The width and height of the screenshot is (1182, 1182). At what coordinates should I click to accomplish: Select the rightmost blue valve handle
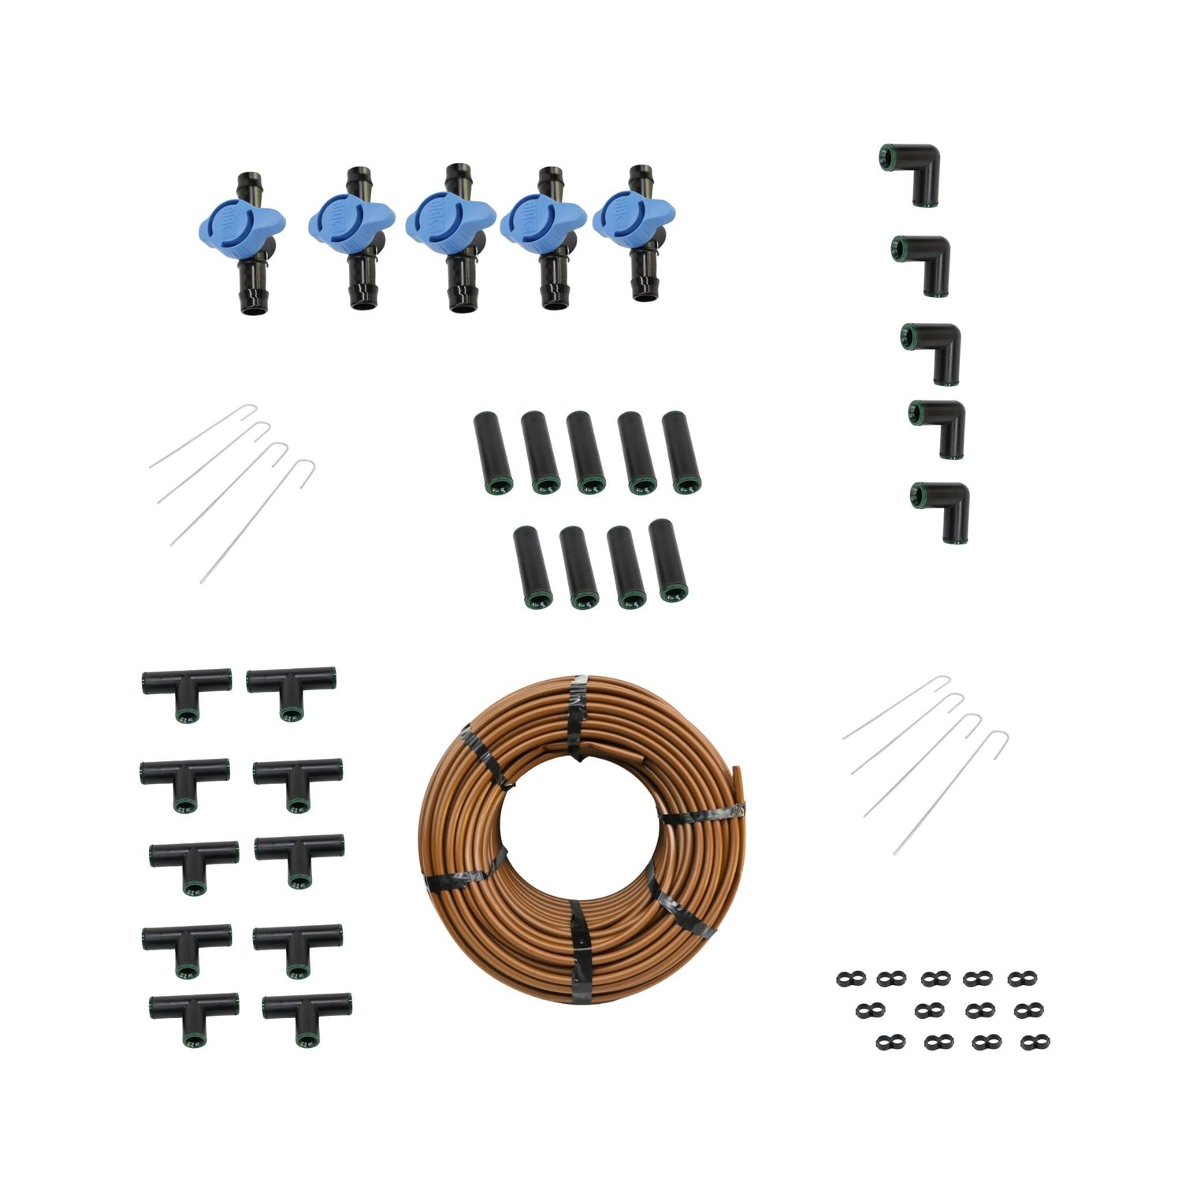click(x=631, y=217)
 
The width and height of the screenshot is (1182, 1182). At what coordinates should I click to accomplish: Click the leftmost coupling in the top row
click(x=492, y=452)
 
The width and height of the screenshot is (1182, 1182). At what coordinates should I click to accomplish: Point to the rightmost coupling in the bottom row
click(x=667, y=562)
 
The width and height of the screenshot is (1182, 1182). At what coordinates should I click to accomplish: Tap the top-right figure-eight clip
click(x=1022, y=979)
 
